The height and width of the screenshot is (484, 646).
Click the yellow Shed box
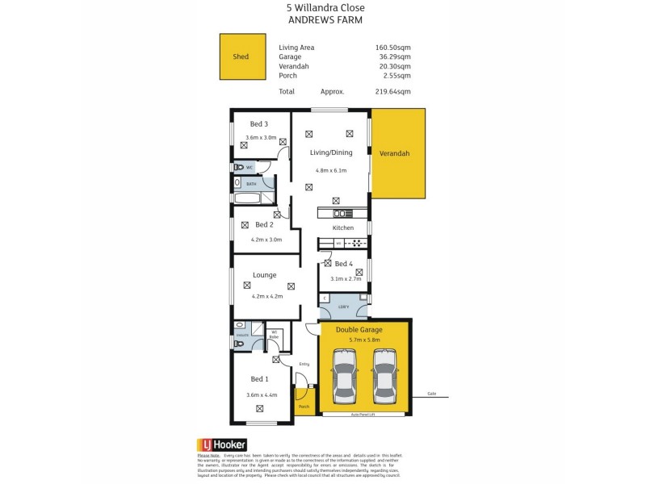242,56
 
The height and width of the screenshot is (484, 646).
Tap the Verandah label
396,153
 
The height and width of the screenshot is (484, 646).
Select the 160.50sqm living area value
392,47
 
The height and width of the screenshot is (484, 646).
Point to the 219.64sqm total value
392,91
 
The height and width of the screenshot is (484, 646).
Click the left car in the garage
345,376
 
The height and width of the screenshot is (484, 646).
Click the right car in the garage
384,376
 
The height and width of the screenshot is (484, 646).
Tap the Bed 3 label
258,123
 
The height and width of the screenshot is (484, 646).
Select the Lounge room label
264,275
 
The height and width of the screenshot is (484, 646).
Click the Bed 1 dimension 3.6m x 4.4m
261,394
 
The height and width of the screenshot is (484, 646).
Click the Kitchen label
343,228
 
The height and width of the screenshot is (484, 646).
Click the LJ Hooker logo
222,444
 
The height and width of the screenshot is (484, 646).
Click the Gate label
431,394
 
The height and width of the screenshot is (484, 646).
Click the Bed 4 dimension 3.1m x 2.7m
343,278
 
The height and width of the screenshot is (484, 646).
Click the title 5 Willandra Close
326,8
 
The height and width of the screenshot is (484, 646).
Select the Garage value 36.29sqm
392,56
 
